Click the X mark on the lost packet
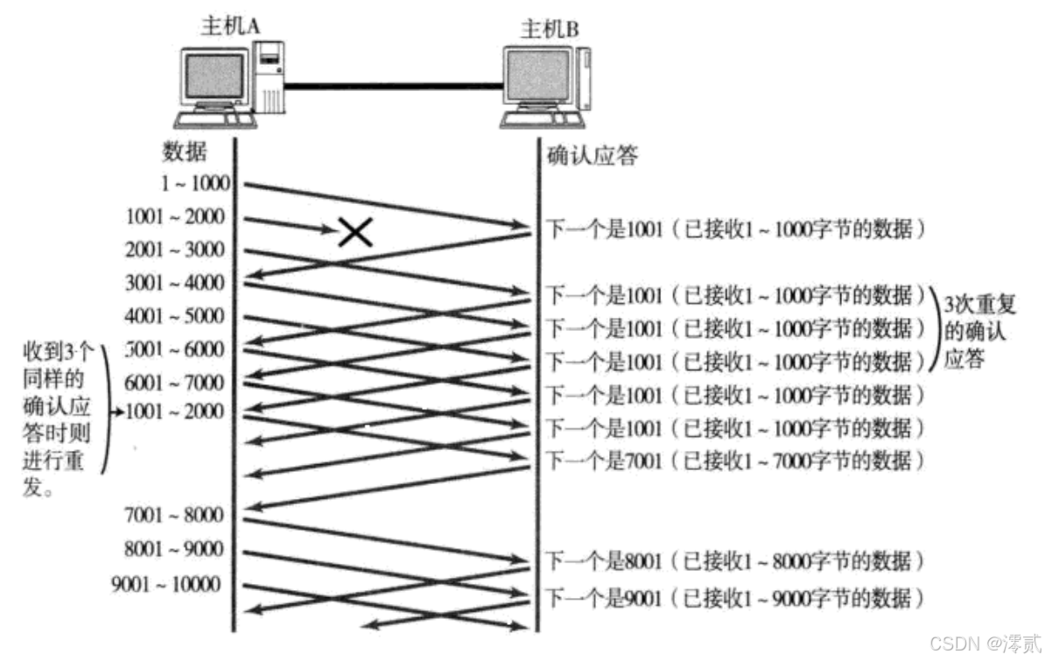pyautogui.click(x=354, y=231)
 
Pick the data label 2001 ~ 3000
pyautogui.click(x=175, y=250)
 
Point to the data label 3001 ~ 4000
pyautogui.click(x=175, y=283)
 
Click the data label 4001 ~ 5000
pyautogui.click(x=175, y=315)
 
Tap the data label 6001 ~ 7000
pyautogui.click(x=175, y=383)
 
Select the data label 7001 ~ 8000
pyautogui.click(x=175, y=515)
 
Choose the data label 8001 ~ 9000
pyautogui.click(x=175, y=550)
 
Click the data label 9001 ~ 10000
pyautogui.click(x=166, y=584)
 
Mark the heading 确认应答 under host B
pyautogui.click(x=592, y=157)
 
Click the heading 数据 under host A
pyautogui.click(x=185, y=151)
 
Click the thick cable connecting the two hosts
pyautogui.click(x=394, y=85)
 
